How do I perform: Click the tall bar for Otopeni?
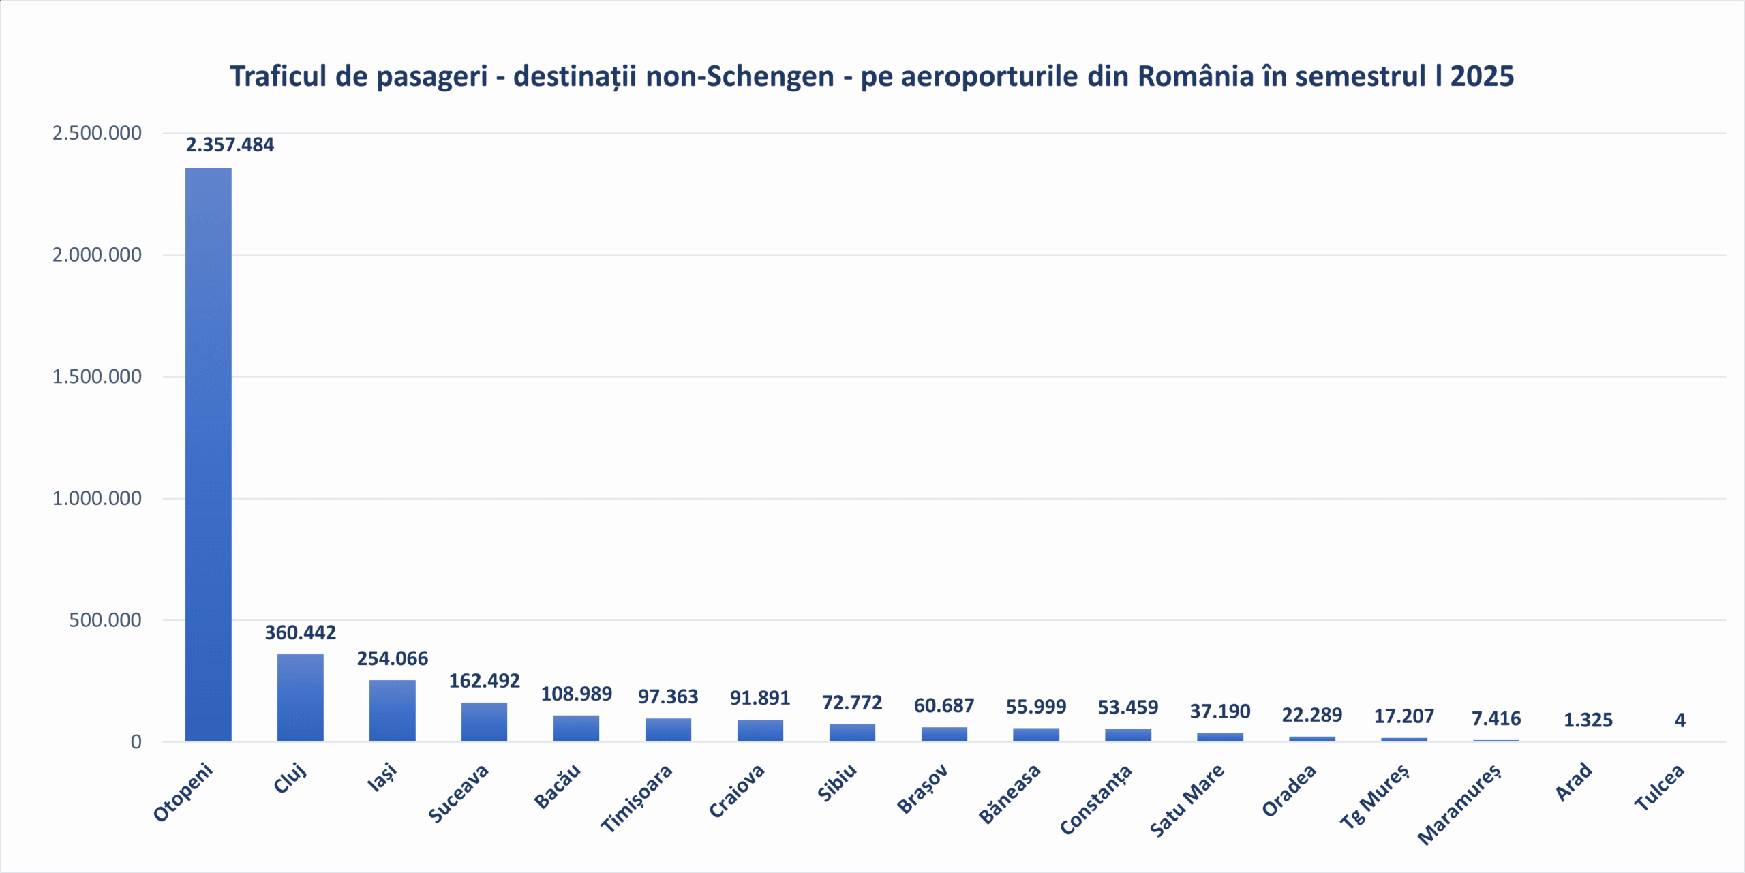coord(209,454)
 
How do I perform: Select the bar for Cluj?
coord(301,697)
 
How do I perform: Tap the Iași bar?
coord(393,710)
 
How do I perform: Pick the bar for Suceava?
coord(484,721)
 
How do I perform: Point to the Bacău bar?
coord(576,728)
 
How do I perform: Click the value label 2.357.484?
coord(230,145)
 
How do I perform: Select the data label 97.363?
coord(668,696)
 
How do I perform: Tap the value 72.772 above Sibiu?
coord(852,703)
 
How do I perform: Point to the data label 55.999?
coord(1036,707)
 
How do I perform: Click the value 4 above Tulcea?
coord(1680,720)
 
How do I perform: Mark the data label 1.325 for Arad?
coord(1588,720)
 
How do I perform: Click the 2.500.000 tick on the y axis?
coord(97,133)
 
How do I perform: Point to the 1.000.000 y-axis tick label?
coord(97,498)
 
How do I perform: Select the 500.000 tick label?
coord(105,620)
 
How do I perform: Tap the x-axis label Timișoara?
coord(637,798)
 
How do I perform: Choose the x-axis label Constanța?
coord(1096,799)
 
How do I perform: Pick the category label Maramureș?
coord(1459,804)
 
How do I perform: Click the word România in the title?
coord(1196,76)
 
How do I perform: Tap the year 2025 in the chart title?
coord(1482,76)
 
